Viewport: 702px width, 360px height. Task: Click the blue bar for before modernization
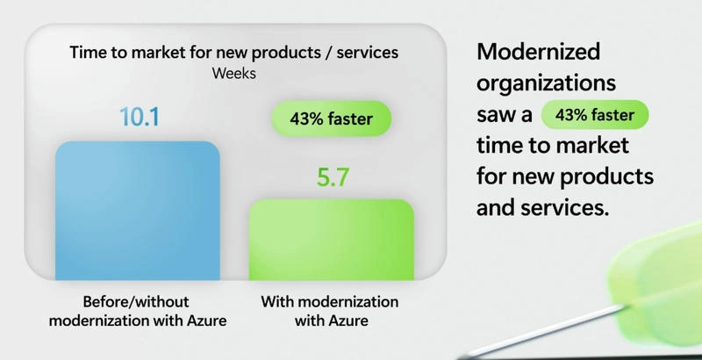pyautogui.click(x=138, y=211)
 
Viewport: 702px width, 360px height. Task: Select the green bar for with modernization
pyautogui.click(x=332, y=240)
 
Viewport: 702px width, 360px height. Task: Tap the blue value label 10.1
pyautogui.click(x=140, y=117)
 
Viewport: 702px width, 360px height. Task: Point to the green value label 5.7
pyautogui.click(x=333, y=176)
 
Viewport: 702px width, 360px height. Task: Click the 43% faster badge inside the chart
pyautogui.click(x=332, y=119)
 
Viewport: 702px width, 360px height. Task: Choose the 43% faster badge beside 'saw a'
pyautogui.click(x=595, y=115)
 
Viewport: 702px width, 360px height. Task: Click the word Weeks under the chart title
pyautogui.click(x=234, y=74)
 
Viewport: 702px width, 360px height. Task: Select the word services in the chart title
pyautogui.click(x=367, y=53)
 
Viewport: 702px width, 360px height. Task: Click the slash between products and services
pyautogui.click(x=326, y=53)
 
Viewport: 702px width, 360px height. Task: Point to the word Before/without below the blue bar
pyautogui.click(x=136, y=301)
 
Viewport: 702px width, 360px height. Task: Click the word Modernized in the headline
pyautogui.click(x=539, y=52)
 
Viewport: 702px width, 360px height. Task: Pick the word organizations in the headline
pyautogui.click(x=546, y=83)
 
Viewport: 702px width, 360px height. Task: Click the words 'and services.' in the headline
pyautogui.click(x=542, y=208)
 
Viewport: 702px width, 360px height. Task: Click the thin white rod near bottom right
pyautogui.click(x=542, y=332)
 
